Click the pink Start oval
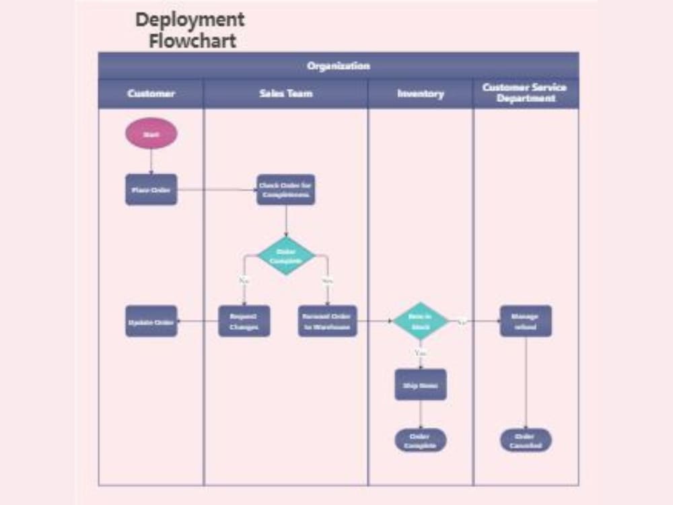[x=151, y=133]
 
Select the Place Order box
[x=151, y=190]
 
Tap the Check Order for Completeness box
[x=285, y=190]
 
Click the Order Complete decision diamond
[x=285, y=256]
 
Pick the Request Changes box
[x=244, y=321]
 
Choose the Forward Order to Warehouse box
[x=327, y=321]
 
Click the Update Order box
[x=151, y=321]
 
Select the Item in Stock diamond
[x=420, y=321]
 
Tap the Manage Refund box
[x=525, y=321]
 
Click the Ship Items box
[x=420, y=384]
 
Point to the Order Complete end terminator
[x=420, y=440]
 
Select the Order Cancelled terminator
[x=525, y=440]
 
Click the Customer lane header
[x=151, y=94]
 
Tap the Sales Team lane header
[x=285, y=94]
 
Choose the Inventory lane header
[x=420, y=94]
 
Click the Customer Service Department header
[x=525, y=93]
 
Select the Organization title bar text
[x=338, y=66]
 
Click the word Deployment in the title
[x=190, y=20]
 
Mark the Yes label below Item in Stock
[x=421, y=352]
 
